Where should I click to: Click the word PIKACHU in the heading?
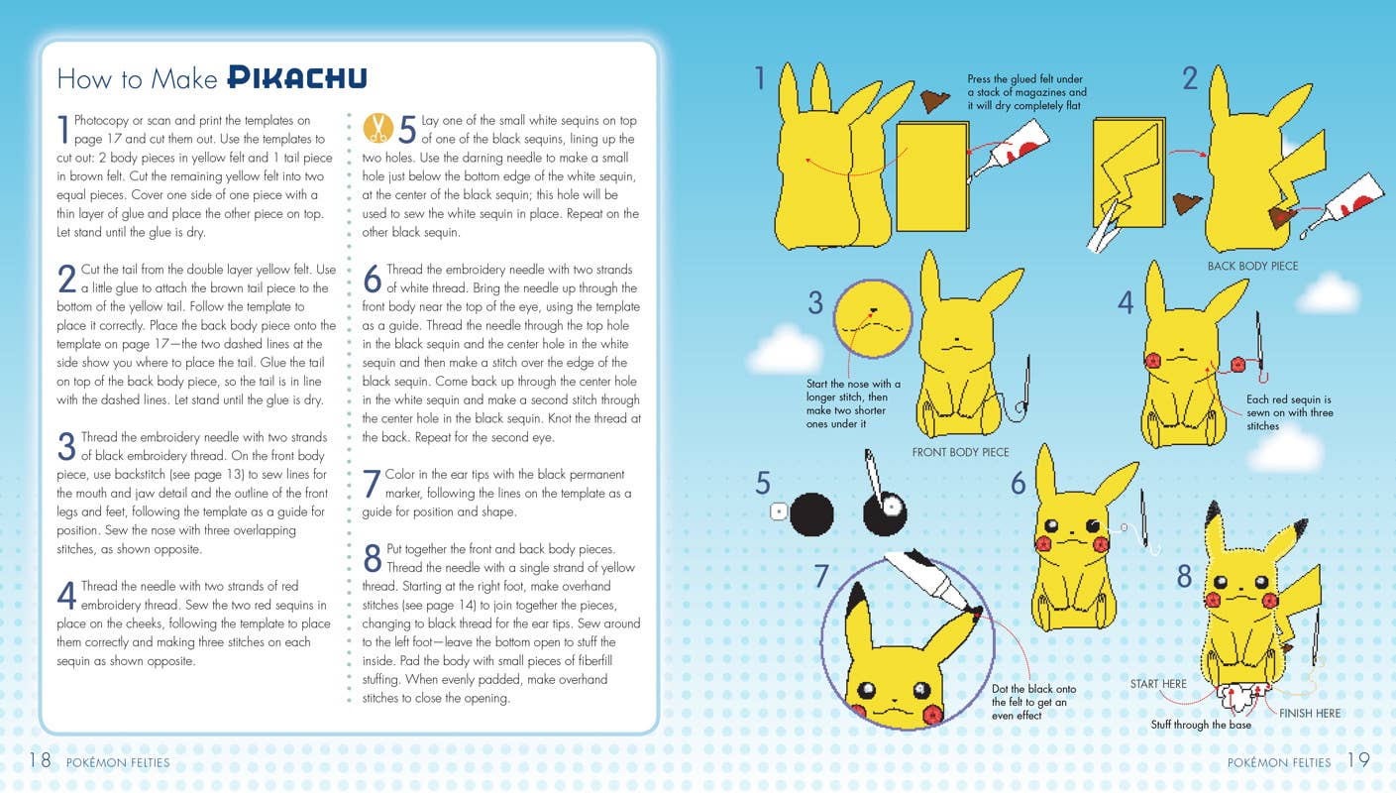(x=296, y=77)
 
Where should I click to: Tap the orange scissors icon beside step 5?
(x=377, y=127)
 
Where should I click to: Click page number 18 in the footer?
(x=40, y=760)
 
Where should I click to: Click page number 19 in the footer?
(x=1358, y=760)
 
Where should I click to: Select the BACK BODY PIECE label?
(x=1251, y=266)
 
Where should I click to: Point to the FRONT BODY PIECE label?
(x=960, y=452)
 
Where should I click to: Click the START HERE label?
(x=1158, y=684)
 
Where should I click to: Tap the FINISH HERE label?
(x=1309, y=713)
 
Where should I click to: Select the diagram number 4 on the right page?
(x=1126, y=303)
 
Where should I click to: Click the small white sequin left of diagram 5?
(x=779, y=512)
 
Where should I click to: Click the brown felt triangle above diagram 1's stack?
(x=933, y=100)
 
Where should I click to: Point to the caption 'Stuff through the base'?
(x=1201, y=725)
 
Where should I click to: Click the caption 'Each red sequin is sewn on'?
(x=1288, y=412)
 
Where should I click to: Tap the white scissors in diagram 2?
(x=1107, y=227)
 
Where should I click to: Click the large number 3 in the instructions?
(x=66, y=446)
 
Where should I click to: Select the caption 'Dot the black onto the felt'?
(x=1032, y=702)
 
